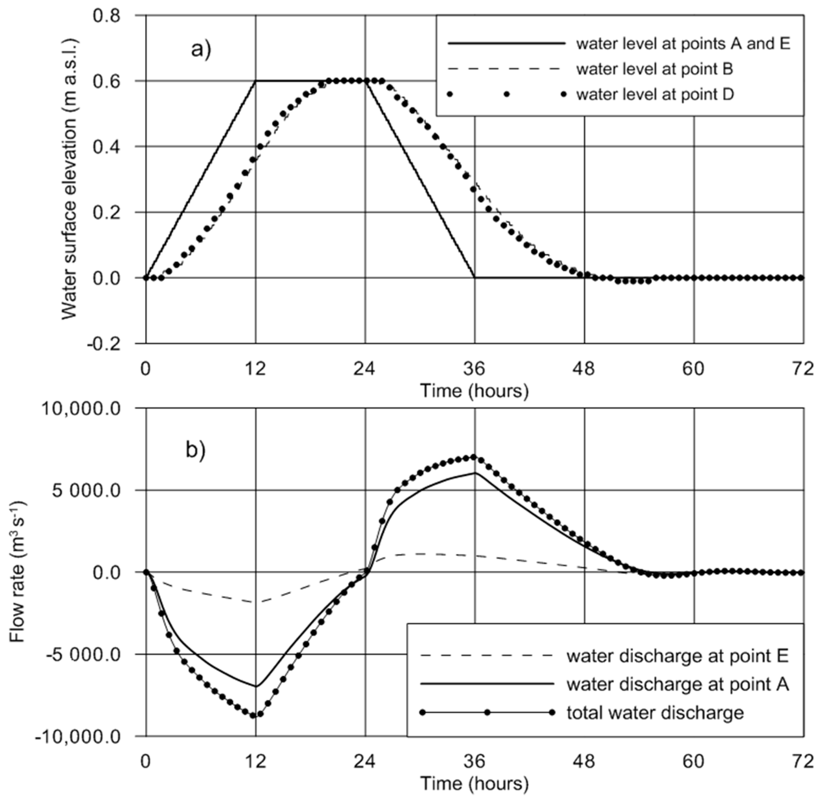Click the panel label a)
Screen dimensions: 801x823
coord(201,50)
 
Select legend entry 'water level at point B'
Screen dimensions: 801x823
coord(654,69)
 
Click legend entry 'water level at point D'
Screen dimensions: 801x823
coord(655,94)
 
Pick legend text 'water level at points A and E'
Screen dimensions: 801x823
coord(683,44)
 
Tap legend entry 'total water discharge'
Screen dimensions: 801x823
coord(655,713)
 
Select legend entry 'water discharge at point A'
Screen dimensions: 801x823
coord(677,684)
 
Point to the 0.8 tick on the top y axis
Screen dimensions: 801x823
coord(107,16)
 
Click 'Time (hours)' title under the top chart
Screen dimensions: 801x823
coord(474,391)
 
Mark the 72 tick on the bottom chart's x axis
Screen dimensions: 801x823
coord(803,762)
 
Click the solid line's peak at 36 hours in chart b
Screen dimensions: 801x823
coord(475,473)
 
